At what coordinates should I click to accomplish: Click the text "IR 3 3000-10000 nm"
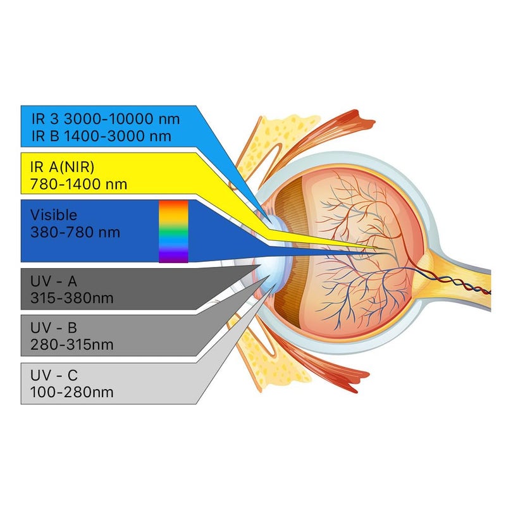click(x=106, y=119)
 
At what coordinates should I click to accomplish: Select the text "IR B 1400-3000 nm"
click(x=101, y=135)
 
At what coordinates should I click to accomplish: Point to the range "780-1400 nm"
click(x=78, y=185)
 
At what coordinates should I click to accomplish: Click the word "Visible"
click(x=54, y=216)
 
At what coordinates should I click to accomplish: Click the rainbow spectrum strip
click(x=173, y=231)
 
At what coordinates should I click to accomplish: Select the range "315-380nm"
click(x=71, y=298)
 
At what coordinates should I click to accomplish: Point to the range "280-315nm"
click(x=71, y=345)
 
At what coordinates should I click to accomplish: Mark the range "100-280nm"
click(x=71, y=392)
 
